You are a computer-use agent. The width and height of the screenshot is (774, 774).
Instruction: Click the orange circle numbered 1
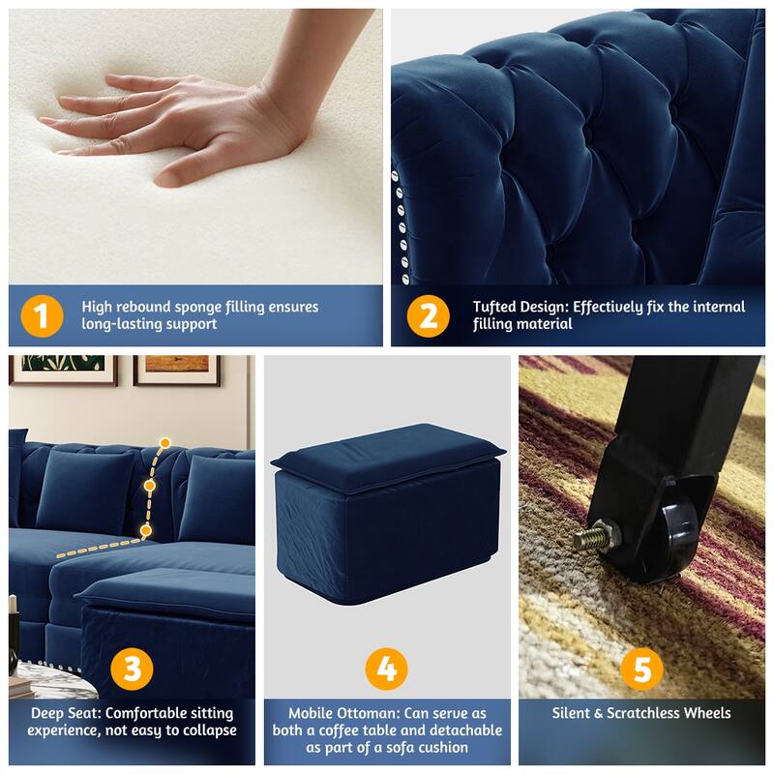coord(40,315)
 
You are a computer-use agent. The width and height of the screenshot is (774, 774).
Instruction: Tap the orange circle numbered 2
coord(428,315)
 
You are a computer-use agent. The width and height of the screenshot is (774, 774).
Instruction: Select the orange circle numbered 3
coord(133,669)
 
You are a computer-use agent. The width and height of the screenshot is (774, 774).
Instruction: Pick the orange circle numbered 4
coord(386,669)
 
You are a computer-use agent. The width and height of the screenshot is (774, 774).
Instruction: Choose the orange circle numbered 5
coord(641,669)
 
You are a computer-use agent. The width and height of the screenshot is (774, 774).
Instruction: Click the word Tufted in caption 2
coord(494,307)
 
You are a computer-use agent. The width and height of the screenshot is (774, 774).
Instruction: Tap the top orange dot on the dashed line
coord(165,443)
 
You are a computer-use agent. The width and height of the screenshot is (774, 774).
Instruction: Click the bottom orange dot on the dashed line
coord(145,530)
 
